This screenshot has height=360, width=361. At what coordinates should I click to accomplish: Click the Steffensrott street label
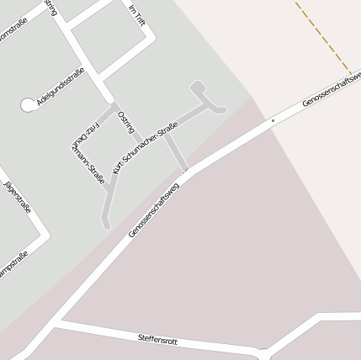click(157, 338)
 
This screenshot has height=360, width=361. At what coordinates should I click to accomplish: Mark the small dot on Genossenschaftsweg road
click(272, 121)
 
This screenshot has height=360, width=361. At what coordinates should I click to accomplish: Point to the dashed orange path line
click(324, 38)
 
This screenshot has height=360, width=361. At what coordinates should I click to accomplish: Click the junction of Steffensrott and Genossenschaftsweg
click(55, 322)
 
